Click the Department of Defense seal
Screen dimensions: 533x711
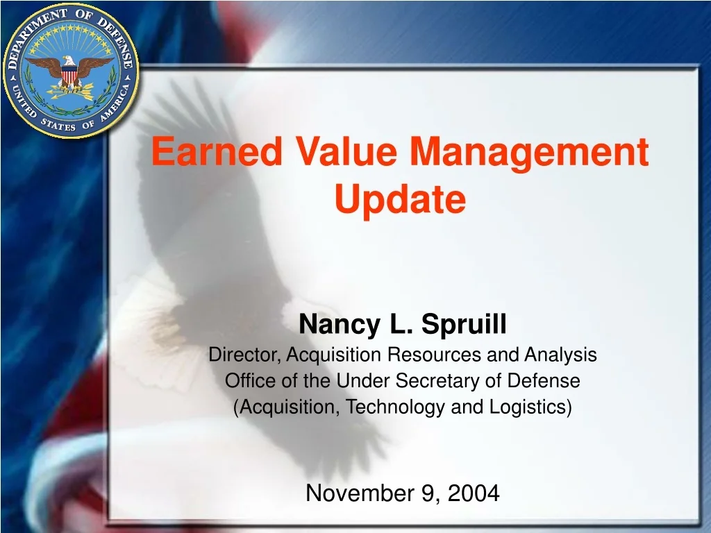(x=70, y=70)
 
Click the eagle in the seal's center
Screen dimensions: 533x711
(x=70, y=71)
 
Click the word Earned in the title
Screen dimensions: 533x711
(x=216, y=152)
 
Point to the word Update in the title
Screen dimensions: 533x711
(x=400, y=200)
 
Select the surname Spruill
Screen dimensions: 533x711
(x=465, y=324)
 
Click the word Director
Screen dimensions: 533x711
(x=245, y=355)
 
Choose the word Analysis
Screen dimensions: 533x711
(x=560, y=355)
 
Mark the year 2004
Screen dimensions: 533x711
(x=474, y=493)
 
